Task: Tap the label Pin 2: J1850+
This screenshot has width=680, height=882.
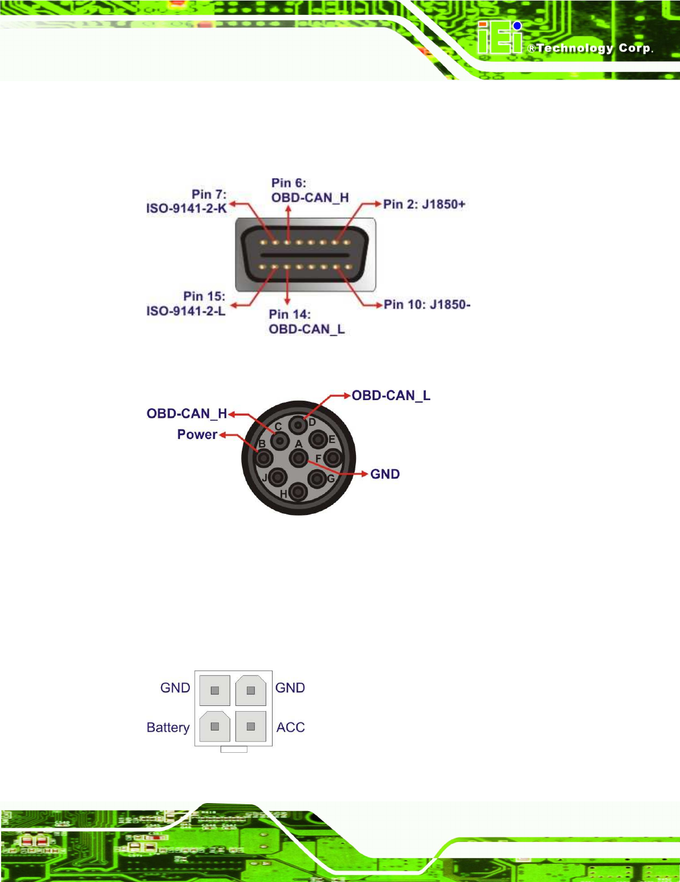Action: (424, 204)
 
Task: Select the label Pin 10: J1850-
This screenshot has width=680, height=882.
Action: (427, 304)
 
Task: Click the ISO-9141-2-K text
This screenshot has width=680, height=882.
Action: (186, 208)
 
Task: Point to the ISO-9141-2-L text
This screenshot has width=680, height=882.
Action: (186, 311)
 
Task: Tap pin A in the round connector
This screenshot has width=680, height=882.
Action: (298, 458)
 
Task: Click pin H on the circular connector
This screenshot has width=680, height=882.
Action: (298, 492)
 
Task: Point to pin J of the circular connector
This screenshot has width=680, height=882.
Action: (278, 477)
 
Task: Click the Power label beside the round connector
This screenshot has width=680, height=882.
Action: (197, 434)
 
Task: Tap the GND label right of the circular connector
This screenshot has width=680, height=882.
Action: (385, 474)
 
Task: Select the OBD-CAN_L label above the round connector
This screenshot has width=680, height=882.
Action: (391, 396)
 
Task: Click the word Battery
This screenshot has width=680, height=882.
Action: (168, 727)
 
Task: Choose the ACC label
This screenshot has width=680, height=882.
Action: (290, 727)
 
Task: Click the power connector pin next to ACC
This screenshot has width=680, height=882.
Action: (250, 727)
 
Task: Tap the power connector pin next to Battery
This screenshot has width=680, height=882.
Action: (215, 727)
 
